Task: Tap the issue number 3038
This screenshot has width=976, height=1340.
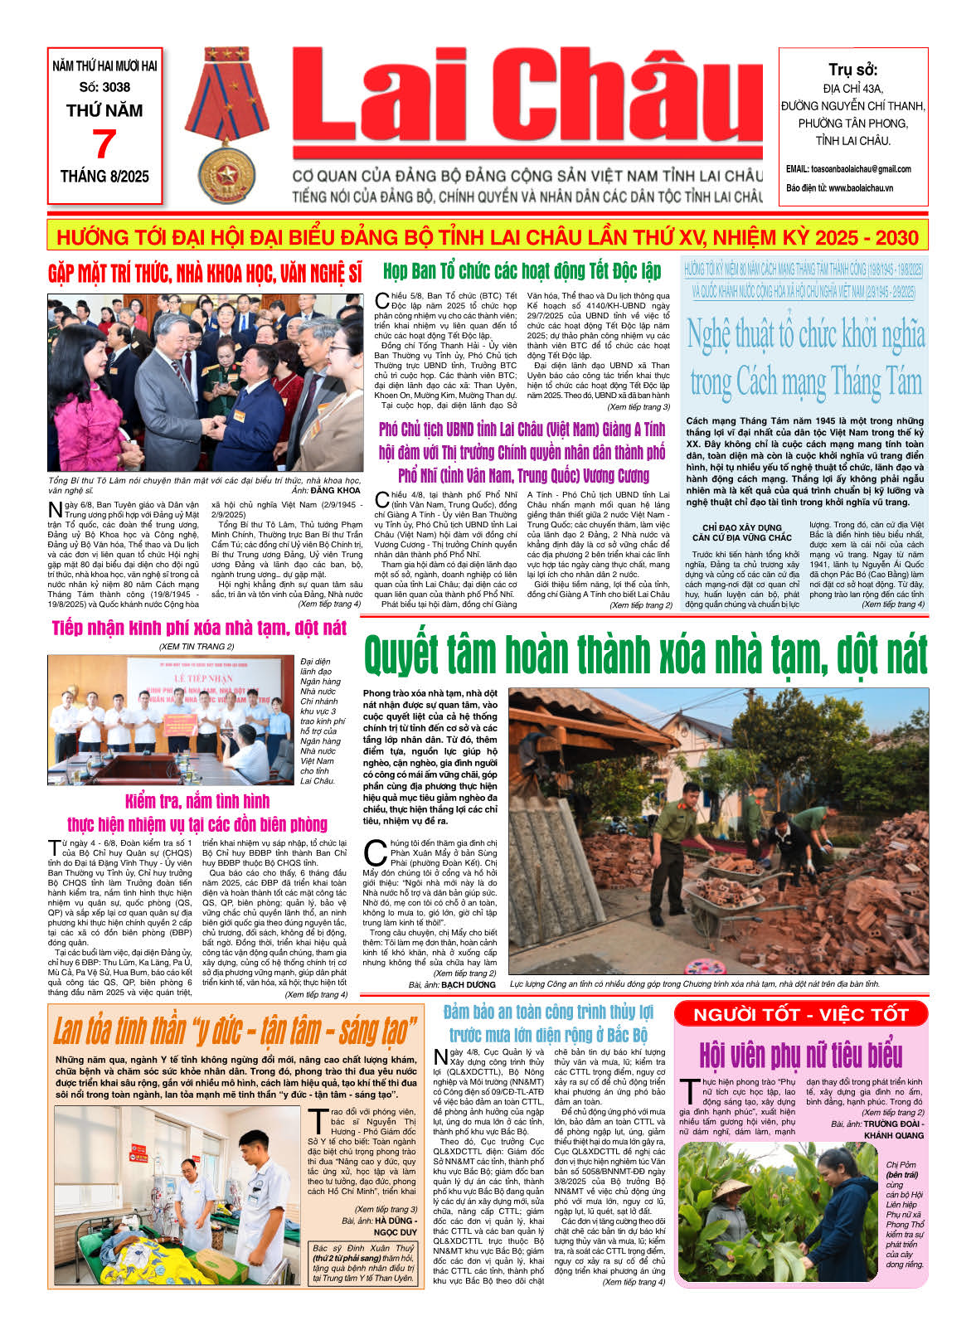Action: (104, 86)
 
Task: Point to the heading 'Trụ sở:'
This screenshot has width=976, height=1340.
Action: (852, 70)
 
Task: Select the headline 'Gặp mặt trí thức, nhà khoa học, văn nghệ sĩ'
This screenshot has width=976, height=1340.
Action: (205, 274)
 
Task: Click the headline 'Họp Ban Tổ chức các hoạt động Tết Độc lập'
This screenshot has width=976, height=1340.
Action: (522, 271)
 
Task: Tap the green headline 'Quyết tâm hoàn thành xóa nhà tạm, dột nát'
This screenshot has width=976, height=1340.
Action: (645, 655)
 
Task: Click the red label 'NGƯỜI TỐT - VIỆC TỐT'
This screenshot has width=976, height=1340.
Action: (800, 1014)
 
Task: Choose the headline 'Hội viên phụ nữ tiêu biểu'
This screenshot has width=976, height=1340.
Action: (800, 1055)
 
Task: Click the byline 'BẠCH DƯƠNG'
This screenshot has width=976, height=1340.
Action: (469, 984)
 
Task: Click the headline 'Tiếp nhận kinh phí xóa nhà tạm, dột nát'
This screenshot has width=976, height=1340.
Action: (199, 628)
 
